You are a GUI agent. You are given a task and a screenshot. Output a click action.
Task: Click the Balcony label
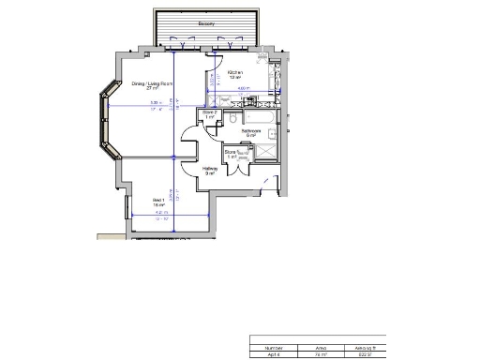(206, 23)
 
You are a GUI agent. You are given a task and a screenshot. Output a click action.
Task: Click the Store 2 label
(210, 114)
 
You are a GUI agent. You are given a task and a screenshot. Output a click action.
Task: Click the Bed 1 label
(158, 202)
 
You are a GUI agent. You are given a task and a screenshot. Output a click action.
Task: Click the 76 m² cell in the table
(320, 354)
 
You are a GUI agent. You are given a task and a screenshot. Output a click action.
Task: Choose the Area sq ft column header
(364, 346)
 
